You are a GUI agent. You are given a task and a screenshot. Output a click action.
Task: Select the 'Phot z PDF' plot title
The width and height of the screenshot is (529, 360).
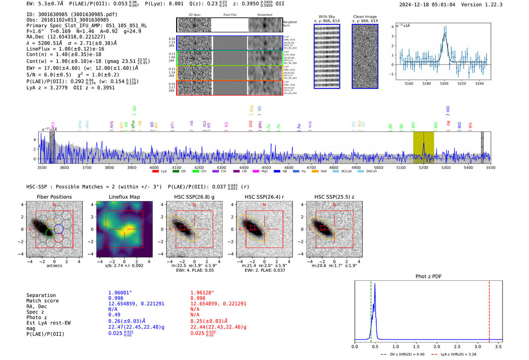[x=428, y=277]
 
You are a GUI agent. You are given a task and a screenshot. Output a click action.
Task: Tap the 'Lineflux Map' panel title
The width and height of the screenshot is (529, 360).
[x=124, y=197]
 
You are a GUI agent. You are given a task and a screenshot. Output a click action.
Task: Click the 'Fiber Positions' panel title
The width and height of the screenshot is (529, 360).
[x=54, y=197]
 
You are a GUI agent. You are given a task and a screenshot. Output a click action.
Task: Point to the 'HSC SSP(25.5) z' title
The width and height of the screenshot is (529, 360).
[x=334, y=197]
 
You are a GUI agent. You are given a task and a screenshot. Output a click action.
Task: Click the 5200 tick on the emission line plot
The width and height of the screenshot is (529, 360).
[x=444, y=83]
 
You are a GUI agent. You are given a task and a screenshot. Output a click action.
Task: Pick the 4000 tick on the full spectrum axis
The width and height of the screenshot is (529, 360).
[x=154, y=168]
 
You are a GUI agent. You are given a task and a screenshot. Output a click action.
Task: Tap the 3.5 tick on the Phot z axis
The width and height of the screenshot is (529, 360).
[x=498, y=346]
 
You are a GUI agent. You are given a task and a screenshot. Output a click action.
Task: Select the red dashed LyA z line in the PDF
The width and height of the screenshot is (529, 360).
[x=489, y=310]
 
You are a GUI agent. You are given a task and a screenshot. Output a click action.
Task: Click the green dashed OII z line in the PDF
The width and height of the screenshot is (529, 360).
[x=371, y=310]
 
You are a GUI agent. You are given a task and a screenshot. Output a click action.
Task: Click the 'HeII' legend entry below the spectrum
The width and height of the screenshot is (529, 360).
[x=323, y=172]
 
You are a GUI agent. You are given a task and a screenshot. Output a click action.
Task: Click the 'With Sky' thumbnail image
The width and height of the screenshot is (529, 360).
[x=327, y=56]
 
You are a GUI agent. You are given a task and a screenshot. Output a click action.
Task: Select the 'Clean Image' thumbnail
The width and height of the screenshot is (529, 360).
[x=365, y=56]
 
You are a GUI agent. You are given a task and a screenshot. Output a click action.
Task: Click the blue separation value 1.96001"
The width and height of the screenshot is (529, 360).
[x=120, y=293]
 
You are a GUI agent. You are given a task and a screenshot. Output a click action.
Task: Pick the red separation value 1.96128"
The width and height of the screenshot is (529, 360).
[x=202, y=293]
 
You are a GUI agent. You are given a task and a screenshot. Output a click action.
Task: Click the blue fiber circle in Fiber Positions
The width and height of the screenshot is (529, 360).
[x=59, y=229]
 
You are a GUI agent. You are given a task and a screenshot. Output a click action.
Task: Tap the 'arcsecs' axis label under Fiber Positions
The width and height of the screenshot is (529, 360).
[x=54, y=266]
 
